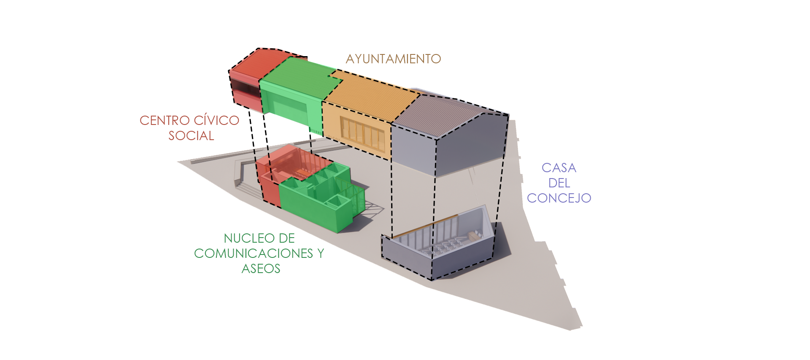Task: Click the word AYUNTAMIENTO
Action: tap(393, 59)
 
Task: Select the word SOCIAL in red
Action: tap(191, 136)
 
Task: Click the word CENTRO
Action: tap(165, 121)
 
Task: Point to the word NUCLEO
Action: tap(243, 238)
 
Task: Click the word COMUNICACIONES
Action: tap(253, 254)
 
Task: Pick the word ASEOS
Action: tap(261, 269)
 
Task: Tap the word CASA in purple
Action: tap(559, 168)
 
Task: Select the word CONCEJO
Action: tap(559, 198)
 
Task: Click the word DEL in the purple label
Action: tap(559, 183)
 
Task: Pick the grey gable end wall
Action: tap(470, 143)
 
